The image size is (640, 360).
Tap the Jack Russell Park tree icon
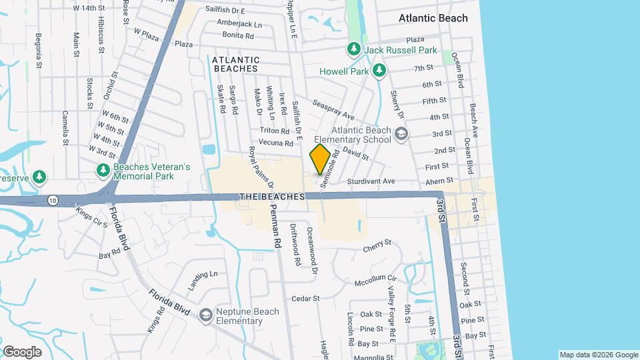pyautogui.click(x=353, y=50)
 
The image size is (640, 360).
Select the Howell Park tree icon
pyautogui.click(x=379, y=69)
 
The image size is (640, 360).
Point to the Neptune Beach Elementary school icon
pyautogui.click(x=206, y=314)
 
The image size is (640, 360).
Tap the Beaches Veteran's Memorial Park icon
pyautogui.click(x=103, y=171)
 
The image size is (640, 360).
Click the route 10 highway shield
pyautogui.click(x=52, y=199)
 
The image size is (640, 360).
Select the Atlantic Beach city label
pyautogui.click(x=433, y=18)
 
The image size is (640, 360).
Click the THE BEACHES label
pyautogui.click(x=272, y=197)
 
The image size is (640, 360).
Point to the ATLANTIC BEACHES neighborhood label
pyautogui.click(x=235, y=64)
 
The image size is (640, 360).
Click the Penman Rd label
pyautogui.click(x=275, y=226)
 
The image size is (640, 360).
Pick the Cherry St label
pyautogui.click(x=377, y=248)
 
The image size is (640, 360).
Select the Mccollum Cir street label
pyautogui.click(x=375, y=280)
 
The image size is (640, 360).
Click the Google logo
pyautogui.click(x=22, y=352)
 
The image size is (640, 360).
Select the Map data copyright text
pyautogui.click(x=598, y=355)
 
